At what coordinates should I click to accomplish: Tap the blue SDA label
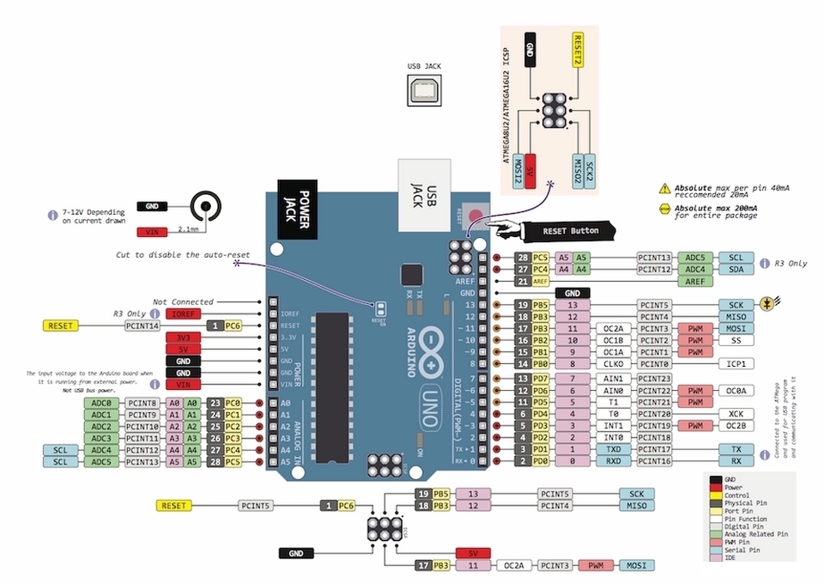tap(736, 269)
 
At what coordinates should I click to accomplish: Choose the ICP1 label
tap(736, 364)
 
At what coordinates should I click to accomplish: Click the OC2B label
tap(736, 425)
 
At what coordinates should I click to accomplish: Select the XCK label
tap(736, 413)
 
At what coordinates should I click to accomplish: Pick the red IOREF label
tap(182, 314)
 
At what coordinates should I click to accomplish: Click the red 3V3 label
tap(182, 338)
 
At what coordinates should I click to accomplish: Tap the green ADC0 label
tap(100, 403)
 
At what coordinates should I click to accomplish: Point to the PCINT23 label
tap(654, 379)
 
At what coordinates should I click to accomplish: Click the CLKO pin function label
tap(611, 364)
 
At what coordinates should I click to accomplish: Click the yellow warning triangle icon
tap(663, 188)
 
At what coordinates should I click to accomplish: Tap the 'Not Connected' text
tap(183, 301)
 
